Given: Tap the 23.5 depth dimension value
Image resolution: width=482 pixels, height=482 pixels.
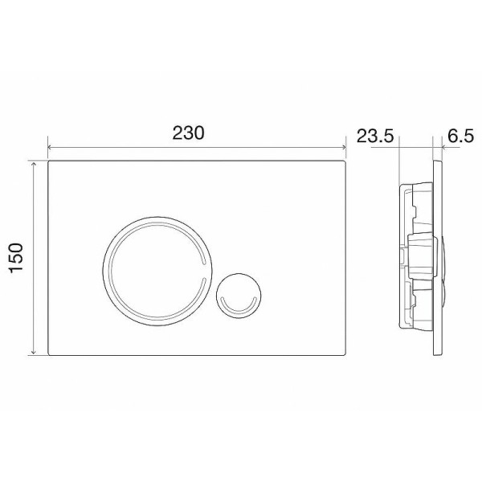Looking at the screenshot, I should coord(374,135).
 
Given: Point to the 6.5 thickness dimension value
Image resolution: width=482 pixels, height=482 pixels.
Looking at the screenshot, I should coord(456,135).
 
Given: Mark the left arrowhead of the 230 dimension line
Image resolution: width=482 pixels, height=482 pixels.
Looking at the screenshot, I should coord(51,148).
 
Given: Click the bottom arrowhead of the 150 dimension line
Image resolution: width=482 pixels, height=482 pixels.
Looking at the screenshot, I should coord(34,353).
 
